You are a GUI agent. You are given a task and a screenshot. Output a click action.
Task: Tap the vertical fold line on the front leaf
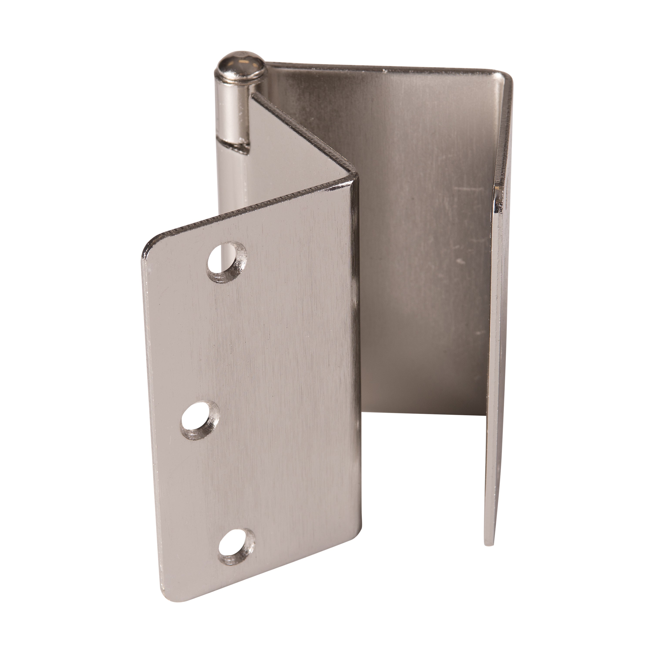pyautogui.click(x=352, y=338)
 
